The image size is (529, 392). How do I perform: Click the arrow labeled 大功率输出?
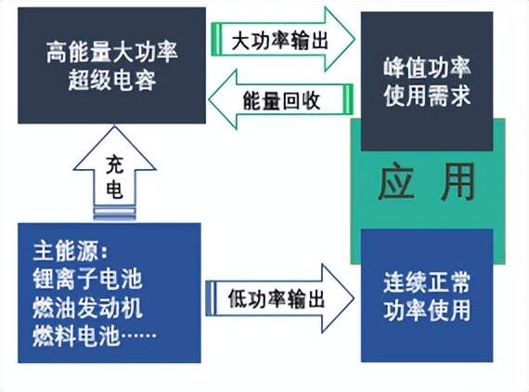point(283,40)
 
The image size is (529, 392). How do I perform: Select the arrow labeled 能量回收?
point(281,99)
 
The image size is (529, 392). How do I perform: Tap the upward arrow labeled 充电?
point(114,174)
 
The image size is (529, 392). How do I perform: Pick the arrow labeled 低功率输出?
point(280,298)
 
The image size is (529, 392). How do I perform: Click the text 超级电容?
point(112,81)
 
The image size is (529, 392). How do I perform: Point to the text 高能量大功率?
point(112,52)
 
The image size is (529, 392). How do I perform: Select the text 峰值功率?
point(427,68)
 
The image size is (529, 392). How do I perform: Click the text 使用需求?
point(427,96)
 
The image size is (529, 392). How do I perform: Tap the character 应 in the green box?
point(395,182)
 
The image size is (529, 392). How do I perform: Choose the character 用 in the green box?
point(458,182)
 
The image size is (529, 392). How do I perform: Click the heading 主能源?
point(71,251)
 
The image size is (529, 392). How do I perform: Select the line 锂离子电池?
point(87,280)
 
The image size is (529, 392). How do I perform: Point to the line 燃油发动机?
point(87,307)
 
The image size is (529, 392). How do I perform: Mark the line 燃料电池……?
point(95,336)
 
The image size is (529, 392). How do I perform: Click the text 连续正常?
point(427,282)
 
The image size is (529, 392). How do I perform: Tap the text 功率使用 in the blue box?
point(427,310)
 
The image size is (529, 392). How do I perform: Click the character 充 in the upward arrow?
point(115,164)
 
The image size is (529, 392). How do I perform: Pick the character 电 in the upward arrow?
point(115,189)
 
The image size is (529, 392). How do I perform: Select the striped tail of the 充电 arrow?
point(114,213)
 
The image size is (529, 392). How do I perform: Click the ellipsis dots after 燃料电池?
point(138,335)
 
